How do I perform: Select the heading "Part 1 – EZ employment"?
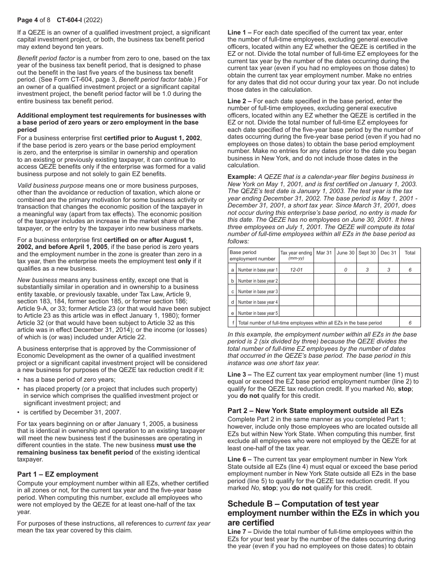coord(58,474)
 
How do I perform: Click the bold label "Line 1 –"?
coord(239,33)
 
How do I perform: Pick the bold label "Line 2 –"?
coord(239,101)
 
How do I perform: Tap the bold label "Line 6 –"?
coord(239,459)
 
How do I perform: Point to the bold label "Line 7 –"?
coord(239,532)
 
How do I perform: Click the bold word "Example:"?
coord(242,177)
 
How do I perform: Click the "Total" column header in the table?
coord(409,253)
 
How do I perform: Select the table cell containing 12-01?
coord(296,270)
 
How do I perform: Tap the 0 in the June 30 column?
coord(345,270)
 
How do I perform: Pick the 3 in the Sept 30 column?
coord(367,270)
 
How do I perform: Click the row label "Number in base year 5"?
coord(258,313)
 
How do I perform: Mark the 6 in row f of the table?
coord(409,323)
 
